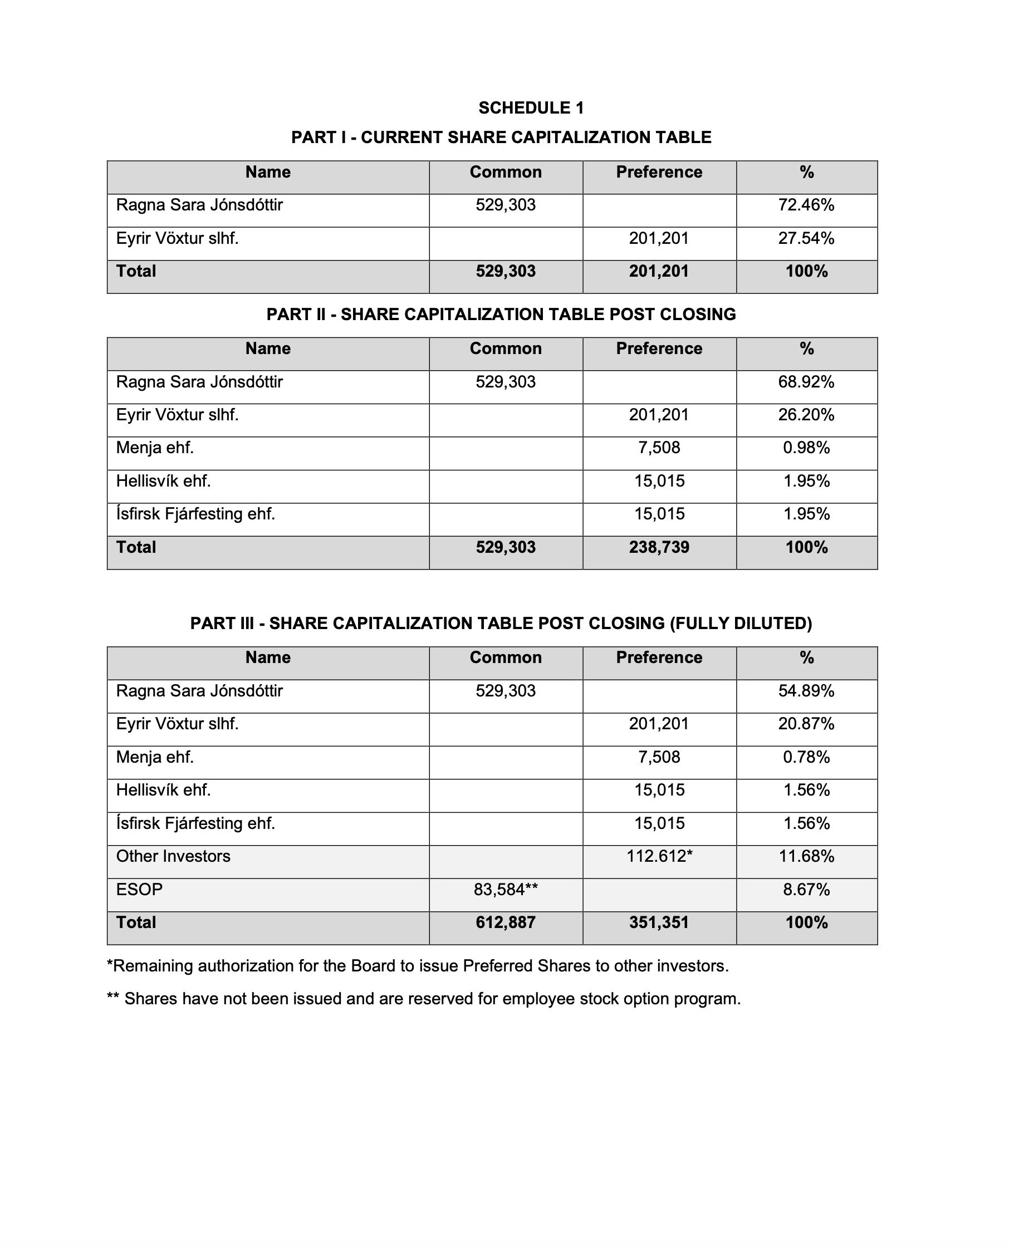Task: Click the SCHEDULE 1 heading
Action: tap(531, 107)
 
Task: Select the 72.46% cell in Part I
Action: tap(806, 205)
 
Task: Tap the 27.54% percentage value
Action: tap(806, 238)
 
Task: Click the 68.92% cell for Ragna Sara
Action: tap(806, 382)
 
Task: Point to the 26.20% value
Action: tap(806, 415)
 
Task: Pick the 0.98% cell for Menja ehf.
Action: tap(806, 448)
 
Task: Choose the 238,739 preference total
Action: tap(659, 547)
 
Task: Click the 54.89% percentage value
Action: tap(806, 691)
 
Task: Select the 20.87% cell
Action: tap(806, 724)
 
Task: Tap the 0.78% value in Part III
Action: tap(806, 757)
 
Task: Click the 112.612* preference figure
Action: tap(659, 857)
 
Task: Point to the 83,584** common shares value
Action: tap(506, 890)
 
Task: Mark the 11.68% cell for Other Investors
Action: tap(806, 857)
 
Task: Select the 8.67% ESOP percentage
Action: tap(806, 890)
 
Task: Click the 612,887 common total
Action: tap(506, 923)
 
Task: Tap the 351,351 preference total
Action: tap(659, 923)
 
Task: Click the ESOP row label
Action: tap(140, 890)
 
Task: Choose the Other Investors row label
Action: tap(173, 857)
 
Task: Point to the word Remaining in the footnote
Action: tap(152, 966)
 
